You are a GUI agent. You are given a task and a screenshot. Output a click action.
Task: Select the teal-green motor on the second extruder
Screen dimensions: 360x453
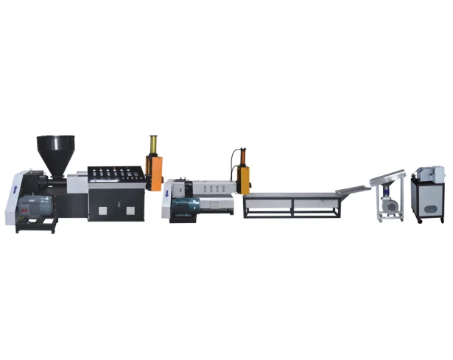[185, 208]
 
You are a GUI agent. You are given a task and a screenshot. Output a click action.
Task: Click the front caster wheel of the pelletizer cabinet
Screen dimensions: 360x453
[421, 219]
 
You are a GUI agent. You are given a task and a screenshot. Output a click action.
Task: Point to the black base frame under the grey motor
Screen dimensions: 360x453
[37, 225]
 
